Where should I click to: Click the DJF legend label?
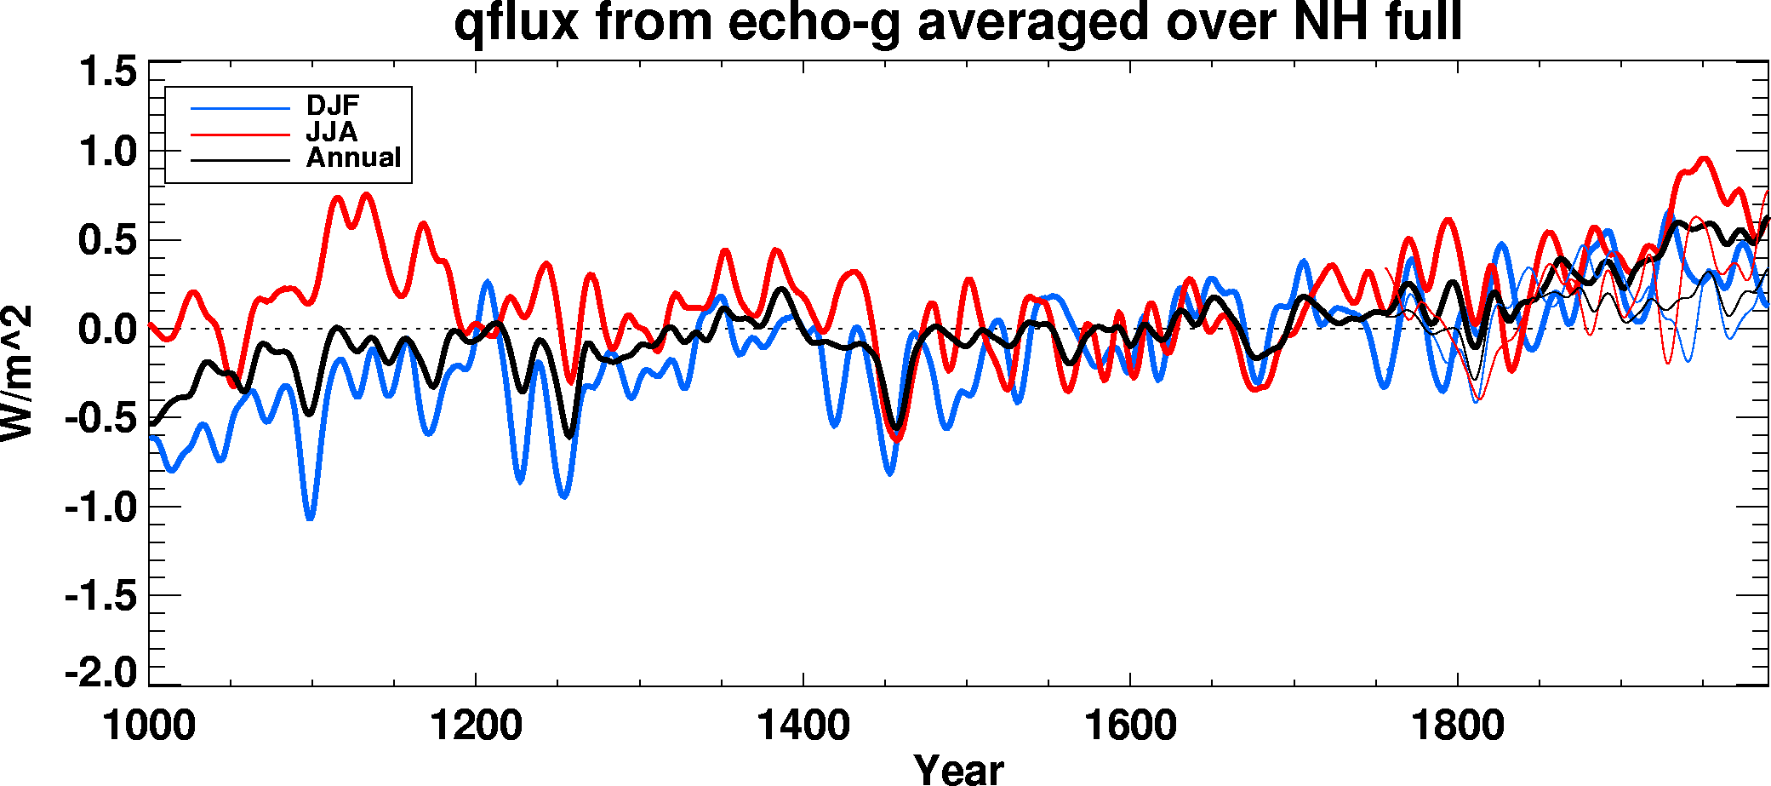pos(333,106)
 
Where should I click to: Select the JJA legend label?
pos(332,132)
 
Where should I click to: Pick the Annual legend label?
pos(353,158)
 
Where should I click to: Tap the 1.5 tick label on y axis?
pos(107,72)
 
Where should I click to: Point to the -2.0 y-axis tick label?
pos(100,673)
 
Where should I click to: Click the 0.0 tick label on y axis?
pos(107,329)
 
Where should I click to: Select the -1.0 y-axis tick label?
pos(100,508)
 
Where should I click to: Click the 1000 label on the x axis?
pos(149,726)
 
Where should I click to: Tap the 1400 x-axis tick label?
pos(803,726)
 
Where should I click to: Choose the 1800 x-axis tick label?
pos(1457,726)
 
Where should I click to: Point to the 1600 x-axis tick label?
pos(1129,726)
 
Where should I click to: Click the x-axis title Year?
pos(958,769)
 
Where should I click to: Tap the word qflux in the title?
pos(516,24)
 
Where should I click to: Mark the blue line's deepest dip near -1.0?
pos(310,516)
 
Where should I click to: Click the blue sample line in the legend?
pos(241,108)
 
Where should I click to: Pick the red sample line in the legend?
pos(241,134)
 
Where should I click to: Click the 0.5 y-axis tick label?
pos(107,240)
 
